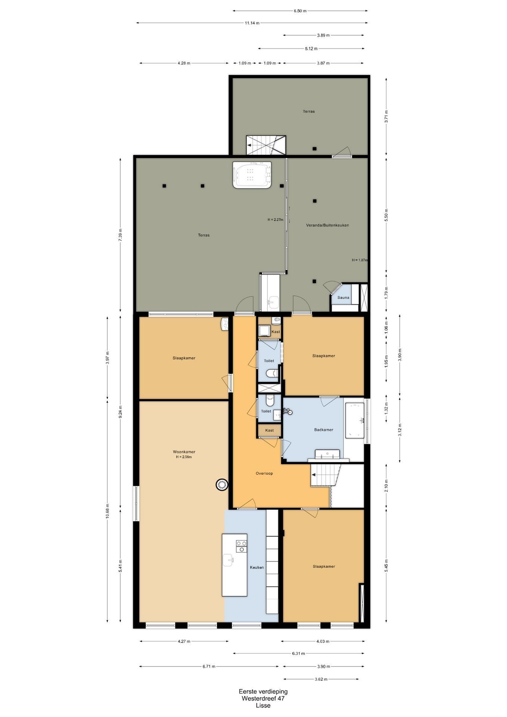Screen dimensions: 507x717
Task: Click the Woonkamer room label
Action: click(x=184, y=451)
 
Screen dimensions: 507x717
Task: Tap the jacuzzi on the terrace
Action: click(x=252, y=175)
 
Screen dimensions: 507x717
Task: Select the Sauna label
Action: click(x=343, y=297)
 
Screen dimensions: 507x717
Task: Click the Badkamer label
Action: click(x=323, y=429)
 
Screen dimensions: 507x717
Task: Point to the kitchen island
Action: click(x=234, y=565)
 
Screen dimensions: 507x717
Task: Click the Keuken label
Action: click(x=257, y=567)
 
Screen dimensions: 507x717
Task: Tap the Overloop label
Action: click(x=264, y=473)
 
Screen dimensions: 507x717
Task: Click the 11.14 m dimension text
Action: click(x=252, y=23)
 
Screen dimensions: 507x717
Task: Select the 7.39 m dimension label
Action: click(x=120, y=235)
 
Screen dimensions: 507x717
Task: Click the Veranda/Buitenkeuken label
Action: click(x=327, y=225)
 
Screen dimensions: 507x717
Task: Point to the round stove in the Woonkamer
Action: click(x=222, y=485)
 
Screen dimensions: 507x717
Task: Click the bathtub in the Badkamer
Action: click(x=354, y=420)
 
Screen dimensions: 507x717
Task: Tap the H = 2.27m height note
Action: click(x=276, y=220)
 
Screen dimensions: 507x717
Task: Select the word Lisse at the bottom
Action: click(x=263, y=705)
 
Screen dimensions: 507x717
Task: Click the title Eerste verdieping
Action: click(x=263, y=691)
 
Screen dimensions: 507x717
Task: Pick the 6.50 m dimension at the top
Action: click(x=300, y=11)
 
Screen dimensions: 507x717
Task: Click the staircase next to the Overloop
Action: click(x=326, y=475)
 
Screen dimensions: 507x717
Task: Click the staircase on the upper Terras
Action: click(x=266, y=145)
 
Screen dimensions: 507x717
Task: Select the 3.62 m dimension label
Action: click(x=321, y=679)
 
